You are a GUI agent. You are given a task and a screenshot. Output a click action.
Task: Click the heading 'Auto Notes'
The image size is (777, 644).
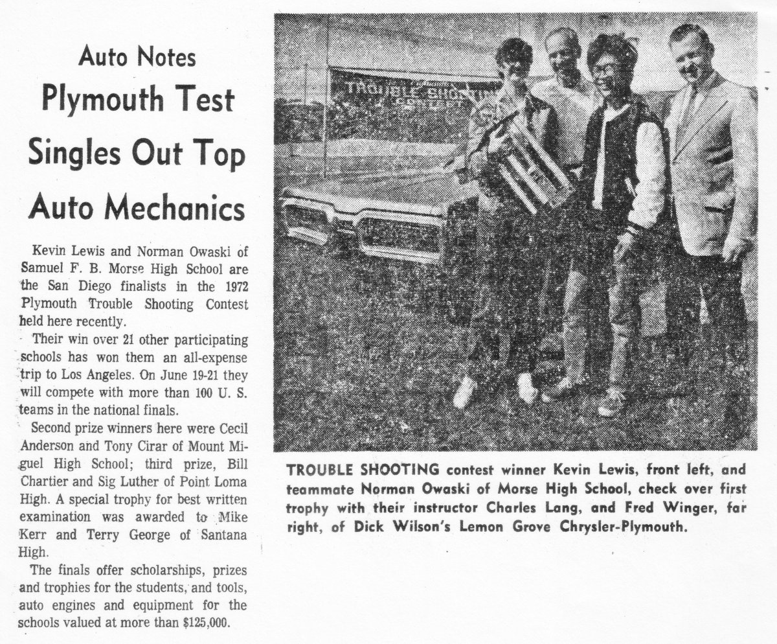tap(137, 58)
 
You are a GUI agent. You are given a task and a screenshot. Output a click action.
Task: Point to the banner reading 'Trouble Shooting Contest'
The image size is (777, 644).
tap(414, 91)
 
